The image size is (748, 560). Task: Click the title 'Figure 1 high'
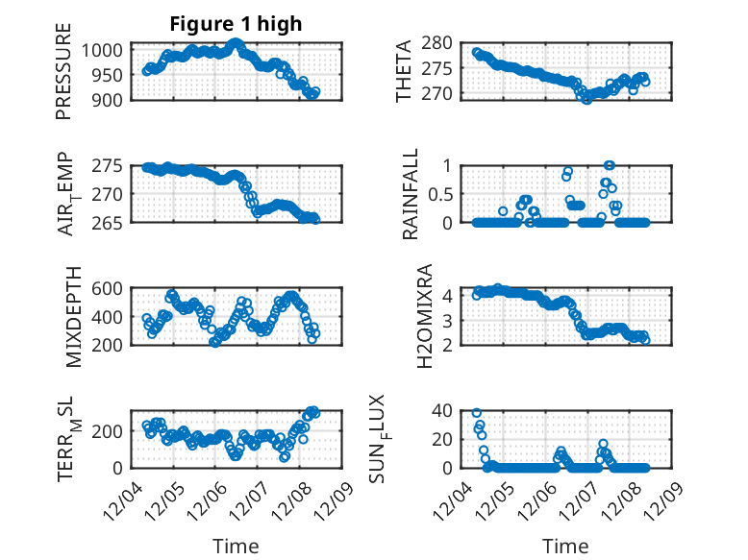(x=236, y=23)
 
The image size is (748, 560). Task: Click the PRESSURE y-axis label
(x=64, y=77)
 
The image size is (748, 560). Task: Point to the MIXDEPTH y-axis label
(x=74, y=317)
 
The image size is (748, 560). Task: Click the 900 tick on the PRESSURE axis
(x=110, y=100)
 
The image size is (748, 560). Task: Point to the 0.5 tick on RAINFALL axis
(x=441, y=194)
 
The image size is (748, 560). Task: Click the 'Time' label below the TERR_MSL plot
(x=236, y=547)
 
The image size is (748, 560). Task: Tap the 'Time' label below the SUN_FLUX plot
(x=565, y=547)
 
